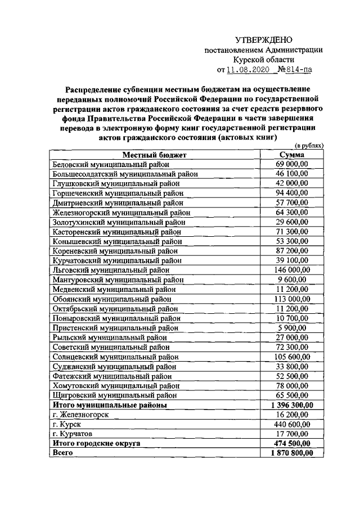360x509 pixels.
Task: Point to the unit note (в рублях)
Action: click(309, 146)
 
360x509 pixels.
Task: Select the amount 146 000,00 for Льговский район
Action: click(292, 270)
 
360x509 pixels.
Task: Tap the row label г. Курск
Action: click(66, 424)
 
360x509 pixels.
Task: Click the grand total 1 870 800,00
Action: click(292, 452)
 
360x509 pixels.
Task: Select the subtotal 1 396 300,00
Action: click(292, 404)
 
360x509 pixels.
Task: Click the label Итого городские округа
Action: click(96, 443)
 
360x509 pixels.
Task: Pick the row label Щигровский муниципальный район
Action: click(118, 395)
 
